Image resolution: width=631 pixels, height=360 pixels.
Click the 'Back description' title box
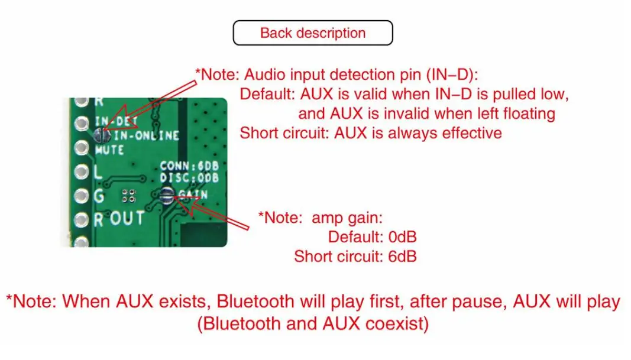[313, 33]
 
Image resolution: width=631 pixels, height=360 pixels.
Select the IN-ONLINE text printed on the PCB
[146, 135]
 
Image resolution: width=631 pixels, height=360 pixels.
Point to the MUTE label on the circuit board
[109, 150]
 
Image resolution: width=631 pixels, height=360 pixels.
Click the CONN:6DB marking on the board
[189, 166]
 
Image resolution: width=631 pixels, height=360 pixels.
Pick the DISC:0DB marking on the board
[189, 177]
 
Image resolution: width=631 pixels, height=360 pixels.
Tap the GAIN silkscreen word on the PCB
[193, 194]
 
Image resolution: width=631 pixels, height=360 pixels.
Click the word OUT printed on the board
[127, 218]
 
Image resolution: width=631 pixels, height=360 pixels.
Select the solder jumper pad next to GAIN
[167, 196]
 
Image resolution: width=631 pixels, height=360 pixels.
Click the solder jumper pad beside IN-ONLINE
[102, 135]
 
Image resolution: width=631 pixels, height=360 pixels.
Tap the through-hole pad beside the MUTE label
[81, 148]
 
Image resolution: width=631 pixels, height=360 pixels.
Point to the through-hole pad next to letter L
[81, 172]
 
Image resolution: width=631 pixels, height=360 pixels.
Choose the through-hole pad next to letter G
[81, 196]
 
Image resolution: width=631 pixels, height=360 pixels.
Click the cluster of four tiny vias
[129, 196]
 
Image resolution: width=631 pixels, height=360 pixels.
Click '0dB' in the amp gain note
[402, 237]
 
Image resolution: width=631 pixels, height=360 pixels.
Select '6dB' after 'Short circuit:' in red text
[402, 257]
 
